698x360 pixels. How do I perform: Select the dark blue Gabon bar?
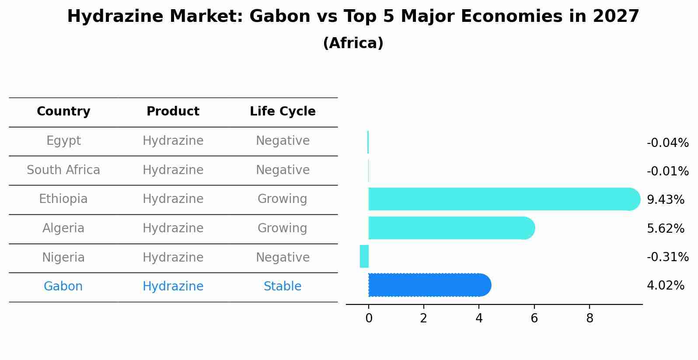tap(429, 285)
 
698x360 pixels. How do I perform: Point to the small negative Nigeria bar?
tap(364, 256)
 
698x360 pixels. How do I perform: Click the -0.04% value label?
tap(667, 143)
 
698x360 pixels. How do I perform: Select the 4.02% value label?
tap(665, 286)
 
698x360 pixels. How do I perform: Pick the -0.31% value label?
tap(667, 257)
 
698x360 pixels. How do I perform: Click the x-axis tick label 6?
tap(534, 318)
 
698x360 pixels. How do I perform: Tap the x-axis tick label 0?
tap(369, 318)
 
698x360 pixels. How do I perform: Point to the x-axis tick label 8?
tap(590, 318)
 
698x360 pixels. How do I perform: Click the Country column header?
tap(63, 112)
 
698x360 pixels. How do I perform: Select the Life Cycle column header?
tap(283, 112)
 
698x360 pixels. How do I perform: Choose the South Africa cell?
tap(63, 170)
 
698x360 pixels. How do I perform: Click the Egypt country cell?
tap(63, 141)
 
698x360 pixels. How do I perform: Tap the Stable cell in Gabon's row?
tap(283, 287)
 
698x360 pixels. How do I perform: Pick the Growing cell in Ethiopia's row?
tap(283, 199)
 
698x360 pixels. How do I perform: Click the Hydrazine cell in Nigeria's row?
tap(173, 257)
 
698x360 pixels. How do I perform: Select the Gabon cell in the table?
tap(63, 287)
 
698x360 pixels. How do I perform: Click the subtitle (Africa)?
tap(353, 43)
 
